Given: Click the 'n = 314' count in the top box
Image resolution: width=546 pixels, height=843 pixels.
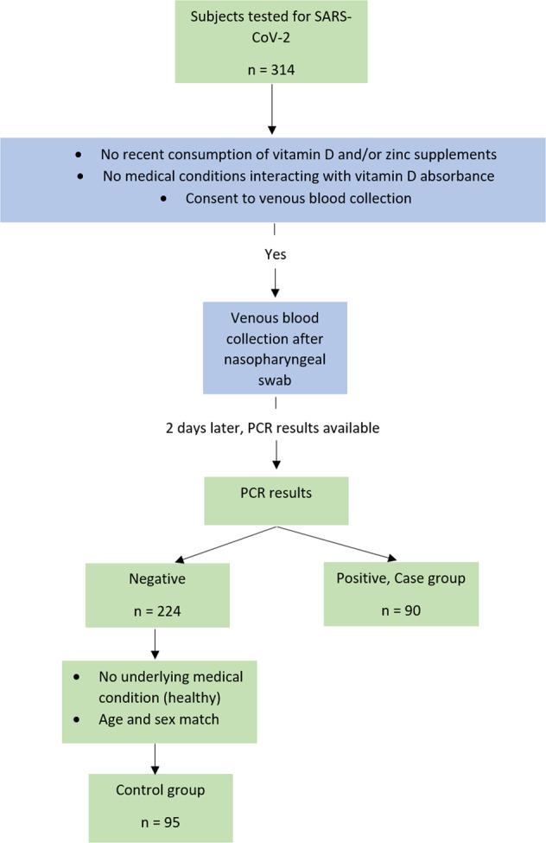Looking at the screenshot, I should point(271,70).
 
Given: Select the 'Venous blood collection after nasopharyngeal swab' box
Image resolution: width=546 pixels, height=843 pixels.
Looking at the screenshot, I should point(275,348).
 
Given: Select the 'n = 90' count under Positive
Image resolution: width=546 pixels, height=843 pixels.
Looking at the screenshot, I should point(401,610).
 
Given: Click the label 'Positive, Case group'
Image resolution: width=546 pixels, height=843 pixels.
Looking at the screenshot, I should point(401,578).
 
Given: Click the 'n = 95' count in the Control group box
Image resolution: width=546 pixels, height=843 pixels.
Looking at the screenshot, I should point(160,822).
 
